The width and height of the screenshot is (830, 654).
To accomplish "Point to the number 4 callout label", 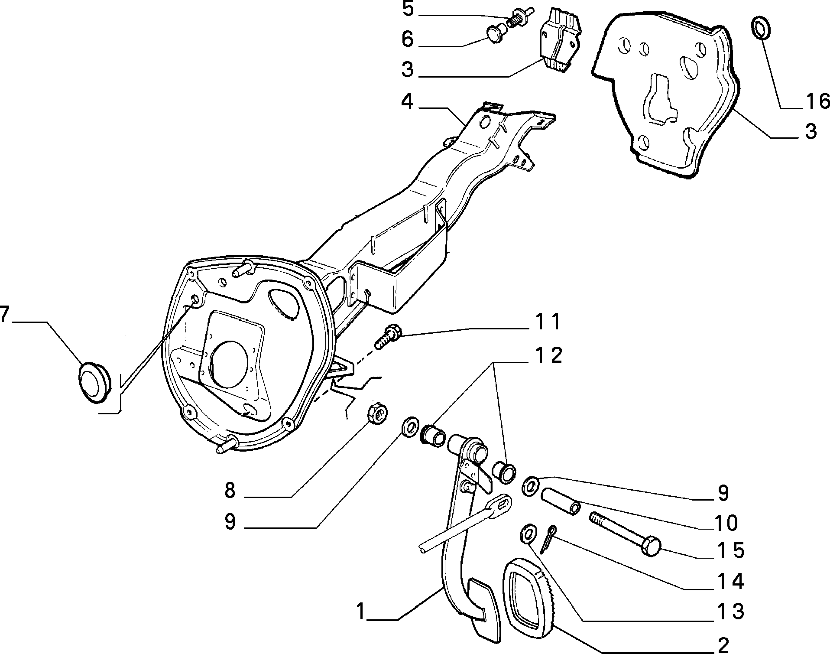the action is pyautogui.click(x=407, y=102).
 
